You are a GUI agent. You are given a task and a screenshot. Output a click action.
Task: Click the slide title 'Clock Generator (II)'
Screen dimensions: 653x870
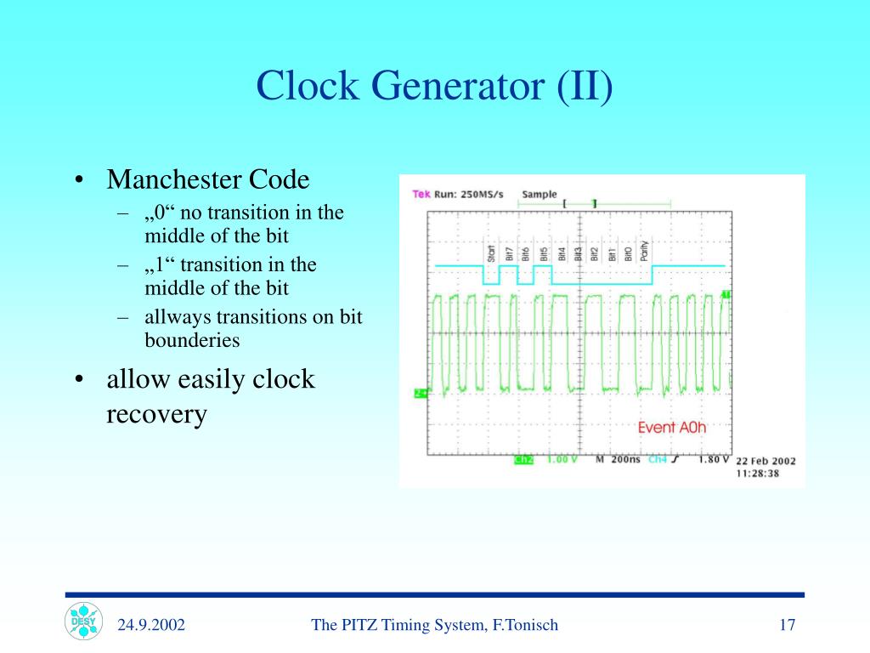coord(434,87)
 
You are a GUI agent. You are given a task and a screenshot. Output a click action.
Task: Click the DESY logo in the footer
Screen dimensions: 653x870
coord(82,621)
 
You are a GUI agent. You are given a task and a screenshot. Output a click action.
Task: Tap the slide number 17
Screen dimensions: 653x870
coord(787,626)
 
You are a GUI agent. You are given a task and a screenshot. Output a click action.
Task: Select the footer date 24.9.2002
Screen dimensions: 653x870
coord(151,626)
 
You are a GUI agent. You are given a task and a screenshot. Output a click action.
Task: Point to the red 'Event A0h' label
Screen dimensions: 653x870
coord(672,428)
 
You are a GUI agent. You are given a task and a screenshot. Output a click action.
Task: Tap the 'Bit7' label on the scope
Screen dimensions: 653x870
coord(509,253)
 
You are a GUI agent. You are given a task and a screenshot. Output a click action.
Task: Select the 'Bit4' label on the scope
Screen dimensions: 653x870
coord(561,253)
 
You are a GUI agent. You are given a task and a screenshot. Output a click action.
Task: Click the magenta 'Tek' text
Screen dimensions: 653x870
coord(421,194)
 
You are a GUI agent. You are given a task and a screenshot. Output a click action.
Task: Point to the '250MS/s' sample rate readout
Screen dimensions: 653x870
coord(481,194)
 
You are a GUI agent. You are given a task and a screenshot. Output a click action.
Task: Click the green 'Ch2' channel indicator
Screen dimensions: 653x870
coord(523,460)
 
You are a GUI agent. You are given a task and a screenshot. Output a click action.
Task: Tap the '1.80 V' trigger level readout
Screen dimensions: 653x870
coord(712,460)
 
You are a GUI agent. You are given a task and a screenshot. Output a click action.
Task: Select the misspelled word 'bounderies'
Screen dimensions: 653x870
coord(192,341)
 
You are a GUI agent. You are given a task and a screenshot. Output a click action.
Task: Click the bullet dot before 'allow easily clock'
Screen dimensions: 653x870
coord(78,380)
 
